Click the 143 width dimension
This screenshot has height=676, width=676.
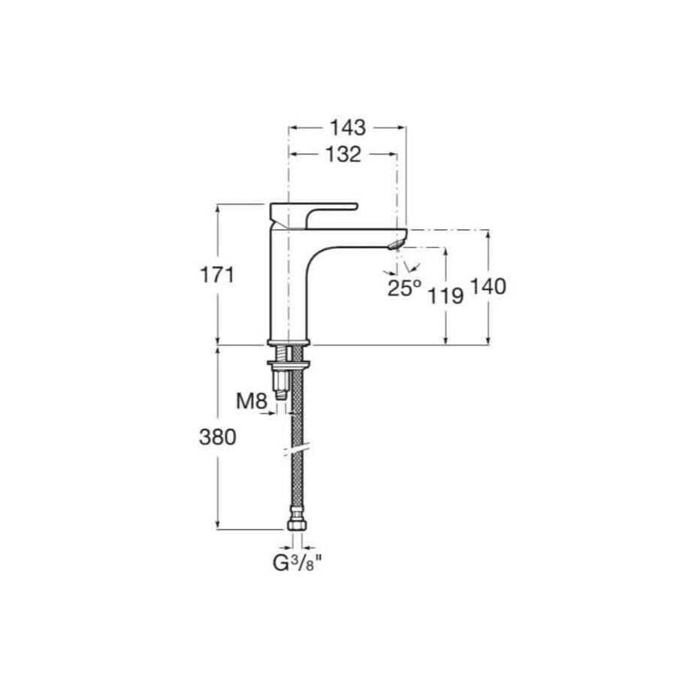pos(347,127)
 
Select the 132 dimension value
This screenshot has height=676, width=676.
pos(343,155)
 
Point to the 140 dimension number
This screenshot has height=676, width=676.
pos(488,286)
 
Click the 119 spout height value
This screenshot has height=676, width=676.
pos(445,295)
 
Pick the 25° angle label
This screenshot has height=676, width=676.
pos(404,288)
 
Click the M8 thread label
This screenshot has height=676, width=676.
pos(252,402)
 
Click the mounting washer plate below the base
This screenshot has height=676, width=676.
pos(288,364)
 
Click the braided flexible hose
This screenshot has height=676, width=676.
pos(296,421)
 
